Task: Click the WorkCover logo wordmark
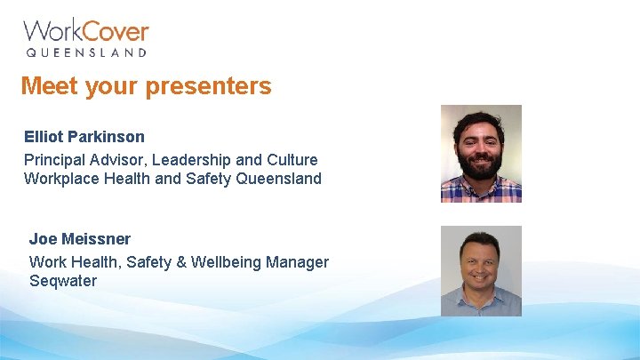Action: (x=85, y=31)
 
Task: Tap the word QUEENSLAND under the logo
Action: (x=85, y=53)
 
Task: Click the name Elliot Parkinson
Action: (x=84, y=138)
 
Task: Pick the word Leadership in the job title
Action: (x=191, y=160)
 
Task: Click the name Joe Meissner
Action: (x=80, y=239)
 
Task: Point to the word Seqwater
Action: (x=63, y=281)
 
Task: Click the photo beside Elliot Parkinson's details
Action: (x=481, y=154)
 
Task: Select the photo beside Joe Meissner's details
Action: (x=481, y=271)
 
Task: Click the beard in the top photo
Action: (x=481, y=165)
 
